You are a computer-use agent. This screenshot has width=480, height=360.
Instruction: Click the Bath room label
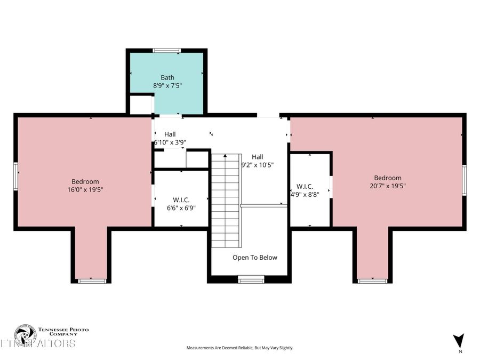[167, 77]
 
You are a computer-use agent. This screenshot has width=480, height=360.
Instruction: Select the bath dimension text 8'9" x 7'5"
[167, 85]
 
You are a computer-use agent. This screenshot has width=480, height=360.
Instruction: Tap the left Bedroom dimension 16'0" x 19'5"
[85, 189]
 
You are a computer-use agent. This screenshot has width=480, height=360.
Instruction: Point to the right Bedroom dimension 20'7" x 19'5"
[387, 186]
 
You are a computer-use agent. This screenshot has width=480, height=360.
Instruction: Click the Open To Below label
[255, 258]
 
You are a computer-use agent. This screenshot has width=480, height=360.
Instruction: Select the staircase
[225, 200]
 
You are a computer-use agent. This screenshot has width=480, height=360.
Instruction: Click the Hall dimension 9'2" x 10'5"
[258, 165]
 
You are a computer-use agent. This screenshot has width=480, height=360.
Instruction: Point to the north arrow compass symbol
[458, 340]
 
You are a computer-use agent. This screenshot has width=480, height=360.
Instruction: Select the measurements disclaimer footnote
[239, 348]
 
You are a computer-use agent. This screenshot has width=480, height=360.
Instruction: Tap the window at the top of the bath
[166, 50]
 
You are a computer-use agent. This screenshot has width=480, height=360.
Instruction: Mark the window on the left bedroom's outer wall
[16, 176]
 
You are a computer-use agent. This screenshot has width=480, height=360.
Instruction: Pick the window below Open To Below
[251, 278]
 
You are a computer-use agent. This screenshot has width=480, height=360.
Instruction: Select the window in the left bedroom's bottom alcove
[92, 280]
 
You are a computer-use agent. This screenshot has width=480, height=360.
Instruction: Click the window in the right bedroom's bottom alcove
[372, 280]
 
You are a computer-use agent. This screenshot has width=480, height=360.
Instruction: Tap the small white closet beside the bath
[141, 105]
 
